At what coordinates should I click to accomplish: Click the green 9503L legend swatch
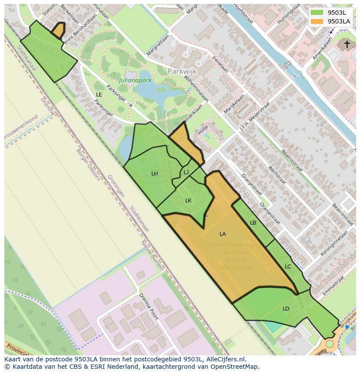(317, 13)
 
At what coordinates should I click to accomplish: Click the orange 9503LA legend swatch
(317, 21)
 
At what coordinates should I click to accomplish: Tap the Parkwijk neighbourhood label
(182, 71)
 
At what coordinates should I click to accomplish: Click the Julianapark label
(135, 80)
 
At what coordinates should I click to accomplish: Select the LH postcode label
(154, 174)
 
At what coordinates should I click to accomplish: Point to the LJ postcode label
(186, 172)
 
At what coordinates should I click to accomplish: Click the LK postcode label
(188, 201)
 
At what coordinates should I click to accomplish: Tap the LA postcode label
(223, 234)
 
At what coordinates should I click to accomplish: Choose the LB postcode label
(253, 223)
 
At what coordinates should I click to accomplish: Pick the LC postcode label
(288, 267)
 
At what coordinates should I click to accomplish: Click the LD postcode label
(286, 309)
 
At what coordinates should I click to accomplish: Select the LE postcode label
(99, 95)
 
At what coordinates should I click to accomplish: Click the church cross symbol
(347, 44)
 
